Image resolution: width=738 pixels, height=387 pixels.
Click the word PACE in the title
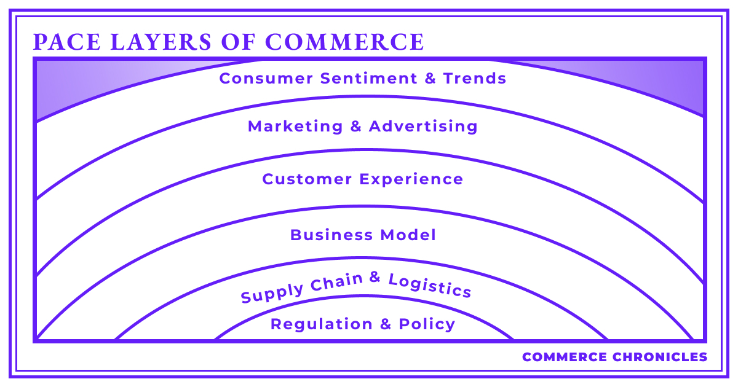point(67,42)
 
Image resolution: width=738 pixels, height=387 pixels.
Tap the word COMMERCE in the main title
point(344,42)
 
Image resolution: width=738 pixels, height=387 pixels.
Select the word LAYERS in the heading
point(161,42)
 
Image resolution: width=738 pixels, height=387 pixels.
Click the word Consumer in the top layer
point(266,79)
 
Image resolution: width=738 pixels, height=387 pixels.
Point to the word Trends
point(475,79)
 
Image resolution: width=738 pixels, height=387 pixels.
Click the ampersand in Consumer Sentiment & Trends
point(430,79)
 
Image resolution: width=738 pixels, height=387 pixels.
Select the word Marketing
point(295,127)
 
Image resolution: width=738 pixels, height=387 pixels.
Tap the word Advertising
point(423,127)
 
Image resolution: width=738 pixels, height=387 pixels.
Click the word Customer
point(307,179)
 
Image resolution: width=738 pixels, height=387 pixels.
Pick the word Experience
point(411,180)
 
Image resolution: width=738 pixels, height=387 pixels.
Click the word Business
point(331,235)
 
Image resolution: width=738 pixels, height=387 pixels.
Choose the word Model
point(408,235)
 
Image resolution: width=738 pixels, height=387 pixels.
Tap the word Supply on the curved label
point(272,292)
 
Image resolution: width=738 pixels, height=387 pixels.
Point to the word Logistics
point(430,286)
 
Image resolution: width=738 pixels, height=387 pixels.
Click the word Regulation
point(322,324)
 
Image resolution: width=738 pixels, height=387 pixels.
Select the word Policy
point(427,325)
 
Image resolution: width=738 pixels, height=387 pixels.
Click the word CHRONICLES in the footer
point(660,357)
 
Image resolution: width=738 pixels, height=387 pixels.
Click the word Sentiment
point(368,79)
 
